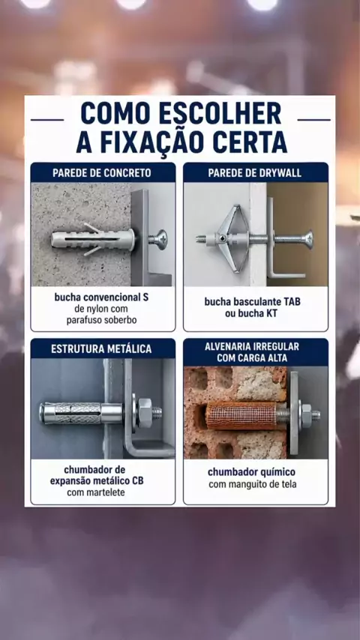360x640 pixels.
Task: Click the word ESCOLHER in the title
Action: (x=220, y=113)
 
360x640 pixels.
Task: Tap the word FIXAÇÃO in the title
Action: (x=157, y=142)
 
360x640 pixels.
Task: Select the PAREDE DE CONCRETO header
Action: (x=102, y=173)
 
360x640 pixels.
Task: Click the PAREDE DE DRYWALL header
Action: (x=255, y=173)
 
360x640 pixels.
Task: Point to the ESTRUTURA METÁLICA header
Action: (x=101, y=349)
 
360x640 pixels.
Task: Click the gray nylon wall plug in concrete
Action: (x=93, y=239)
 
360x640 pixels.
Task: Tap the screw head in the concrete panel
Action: (x=157, y=240)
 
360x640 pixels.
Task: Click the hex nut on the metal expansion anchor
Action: (x=145, y=413)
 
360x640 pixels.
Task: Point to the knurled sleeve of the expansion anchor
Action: (x=78, y=413)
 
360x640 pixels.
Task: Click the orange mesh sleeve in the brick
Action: (x=242, y=417)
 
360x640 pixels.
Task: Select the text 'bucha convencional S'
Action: (x=102, y=297)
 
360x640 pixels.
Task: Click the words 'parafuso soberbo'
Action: (x=102, y=321)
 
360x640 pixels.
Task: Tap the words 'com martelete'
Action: (x=96, y=492)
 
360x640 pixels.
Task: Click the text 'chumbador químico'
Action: (x=252, y=472)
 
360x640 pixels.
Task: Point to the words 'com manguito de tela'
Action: (x=253, y=485)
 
